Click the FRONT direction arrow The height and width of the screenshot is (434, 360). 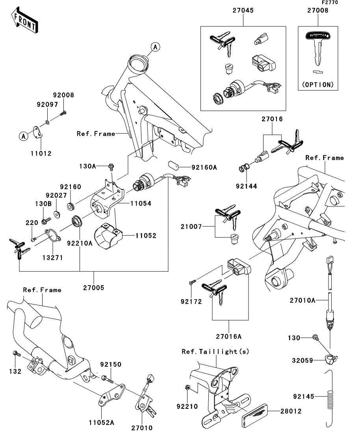(x=25, y=22)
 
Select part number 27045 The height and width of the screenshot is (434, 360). (x=243, y=11)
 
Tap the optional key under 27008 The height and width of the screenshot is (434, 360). (x=319, y=49)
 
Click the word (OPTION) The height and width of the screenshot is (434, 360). (x=318, y=85)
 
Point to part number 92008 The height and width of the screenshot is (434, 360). (x=63, y=95)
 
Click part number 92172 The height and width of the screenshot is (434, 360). (x=191, y=302)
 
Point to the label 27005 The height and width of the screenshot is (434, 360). (x=93, y=288)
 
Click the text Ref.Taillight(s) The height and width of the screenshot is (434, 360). (x=215, y=351)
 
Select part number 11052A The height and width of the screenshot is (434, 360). (x=101, y=423)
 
